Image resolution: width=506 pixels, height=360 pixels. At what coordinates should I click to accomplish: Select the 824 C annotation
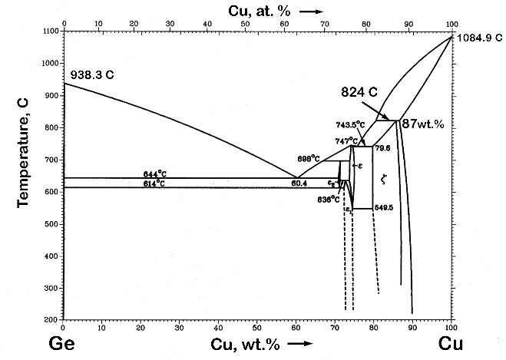359,91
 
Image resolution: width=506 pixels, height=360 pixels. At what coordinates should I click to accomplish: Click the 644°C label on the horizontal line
154,175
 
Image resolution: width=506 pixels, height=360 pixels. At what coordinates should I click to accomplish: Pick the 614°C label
154,183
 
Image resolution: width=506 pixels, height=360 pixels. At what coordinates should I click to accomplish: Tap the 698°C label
309,158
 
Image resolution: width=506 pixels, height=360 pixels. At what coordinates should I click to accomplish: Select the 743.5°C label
350,124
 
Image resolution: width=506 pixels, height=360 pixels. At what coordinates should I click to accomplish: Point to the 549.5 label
384,207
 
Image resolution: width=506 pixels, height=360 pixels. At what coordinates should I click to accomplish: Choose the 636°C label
329,200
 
